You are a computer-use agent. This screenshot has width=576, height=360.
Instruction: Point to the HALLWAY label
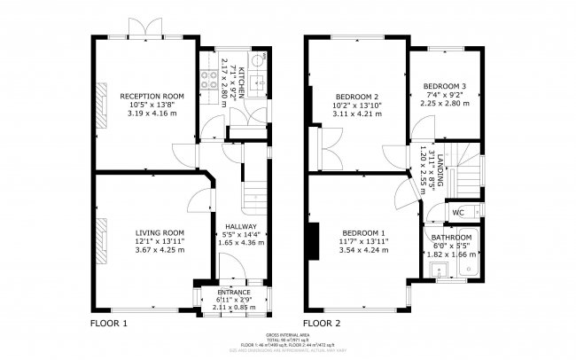click(240, 225)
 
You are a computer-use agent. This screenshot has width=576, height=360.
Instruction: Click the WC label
click(458, 213)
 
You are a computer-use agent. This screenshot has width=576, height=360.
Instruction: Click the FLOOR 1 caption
click(109, 324)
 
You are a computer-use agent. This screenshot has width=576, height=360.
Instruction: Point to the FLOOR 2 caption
click(322, 324)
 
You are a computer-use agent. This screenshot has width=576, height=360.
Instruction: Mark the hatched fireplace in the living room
click(101, 235)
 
